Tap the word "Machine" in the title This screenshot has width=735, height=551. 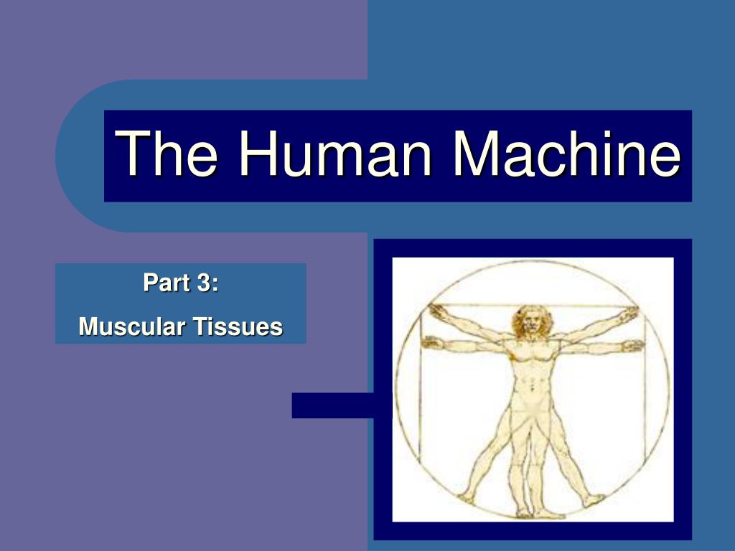click(564, 155)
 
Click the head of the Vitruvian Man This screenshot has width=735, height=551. click(531, 321)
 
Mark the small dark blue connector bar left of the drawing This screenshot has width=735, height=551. click(332, 405)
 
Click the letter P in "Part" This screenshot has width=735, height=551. click(149, 283)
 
